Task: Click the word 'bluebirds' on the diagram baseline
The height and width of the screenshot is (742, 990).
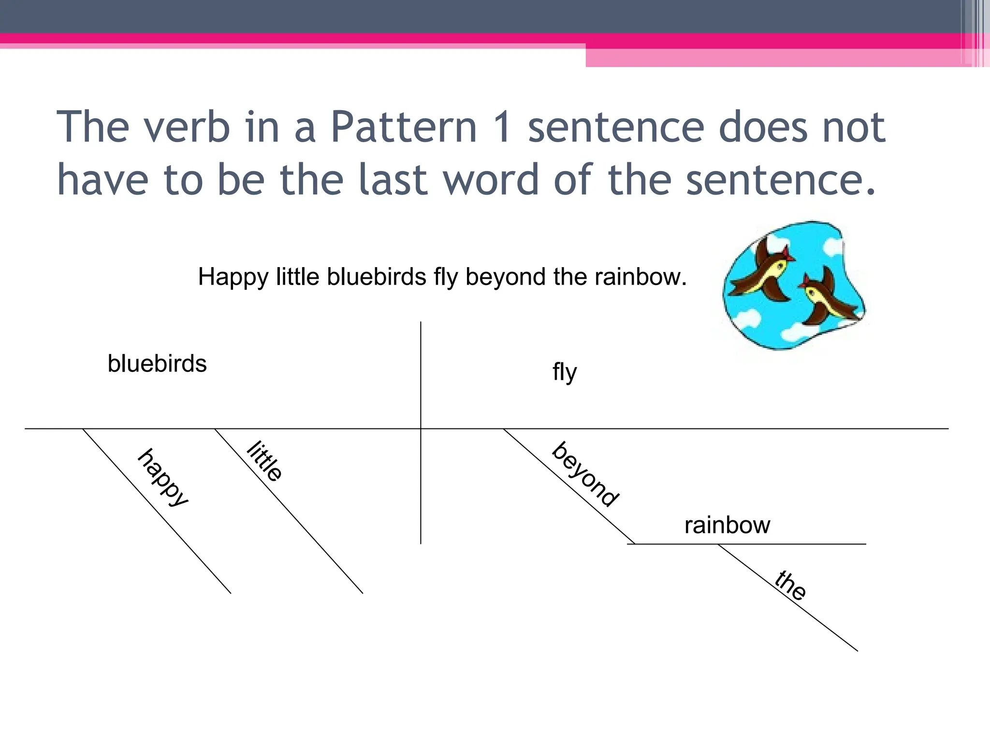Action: click(x=157, y=364)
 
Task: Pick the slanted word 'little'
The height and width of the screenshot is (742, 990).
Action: click(x=264, y=461)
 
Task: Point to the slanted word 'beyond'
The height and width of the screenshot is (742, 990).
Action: click(x=585, y=474)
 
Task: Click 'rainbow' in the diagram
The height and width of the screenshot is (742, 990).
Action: click(x=727, y=525)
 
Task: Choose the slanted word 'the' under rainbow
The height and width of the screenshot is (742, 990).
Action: click(x=790, y=585)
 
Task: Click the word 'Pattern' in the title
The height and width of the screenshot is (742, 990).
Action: click(x=404, y=127)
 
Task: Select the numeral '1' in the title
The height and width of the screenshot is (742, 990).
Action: click(x=503, y=127)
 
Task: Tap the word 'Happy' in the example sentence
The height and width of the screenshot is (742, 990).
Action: click(x=233, y=278)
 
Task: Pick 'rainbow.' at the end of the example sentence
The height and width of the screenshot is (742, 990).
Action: click(x=641, y=277)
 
